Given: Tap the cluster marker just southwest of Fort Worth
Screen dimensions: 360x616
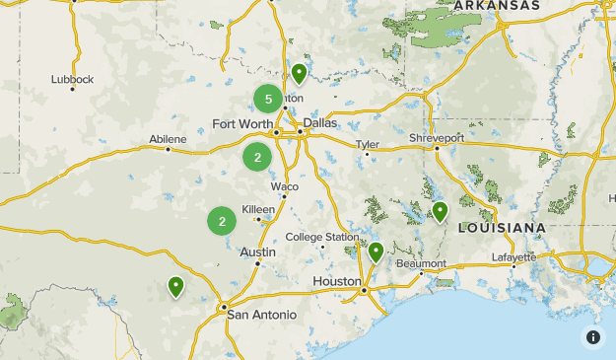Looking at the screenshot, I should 257,157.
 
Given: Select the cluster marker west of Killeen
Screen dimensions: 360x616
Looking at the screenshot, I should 223,221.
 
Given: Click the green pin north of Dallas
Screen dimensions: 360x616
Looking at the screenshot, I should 299,74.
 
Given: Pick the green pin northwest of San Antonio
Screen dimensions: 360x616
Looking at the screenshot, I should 175,287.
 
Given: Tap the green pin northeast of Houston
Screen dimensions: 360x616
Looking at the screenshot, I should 376,252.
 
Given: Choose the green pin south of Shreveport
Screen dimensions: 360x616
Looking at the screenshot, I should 440,211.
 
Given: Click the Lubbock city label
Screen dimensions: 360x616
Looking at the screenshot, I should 74,79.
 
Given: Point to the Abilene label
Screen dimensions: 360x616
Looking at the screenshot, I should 168,140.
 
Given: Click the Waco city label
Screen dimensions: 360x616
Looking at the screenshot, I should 285,186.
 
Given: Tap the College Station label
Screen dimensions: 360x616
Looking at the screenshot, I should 322,237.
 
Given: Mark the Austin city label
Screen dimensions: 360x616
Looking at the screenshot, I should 257,252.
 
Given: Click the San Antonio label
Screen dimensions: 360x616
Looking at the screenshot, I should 261,315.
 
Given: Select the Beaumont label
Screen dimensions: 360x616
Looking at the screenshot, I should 421,263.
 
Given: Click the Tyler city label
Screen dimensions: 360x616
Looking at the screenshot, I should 368,144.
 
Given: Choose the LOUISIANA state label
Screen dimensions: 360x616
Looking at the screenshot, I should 503,228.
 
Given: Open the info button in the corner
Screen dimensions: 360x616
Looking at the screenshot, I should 593,337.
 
